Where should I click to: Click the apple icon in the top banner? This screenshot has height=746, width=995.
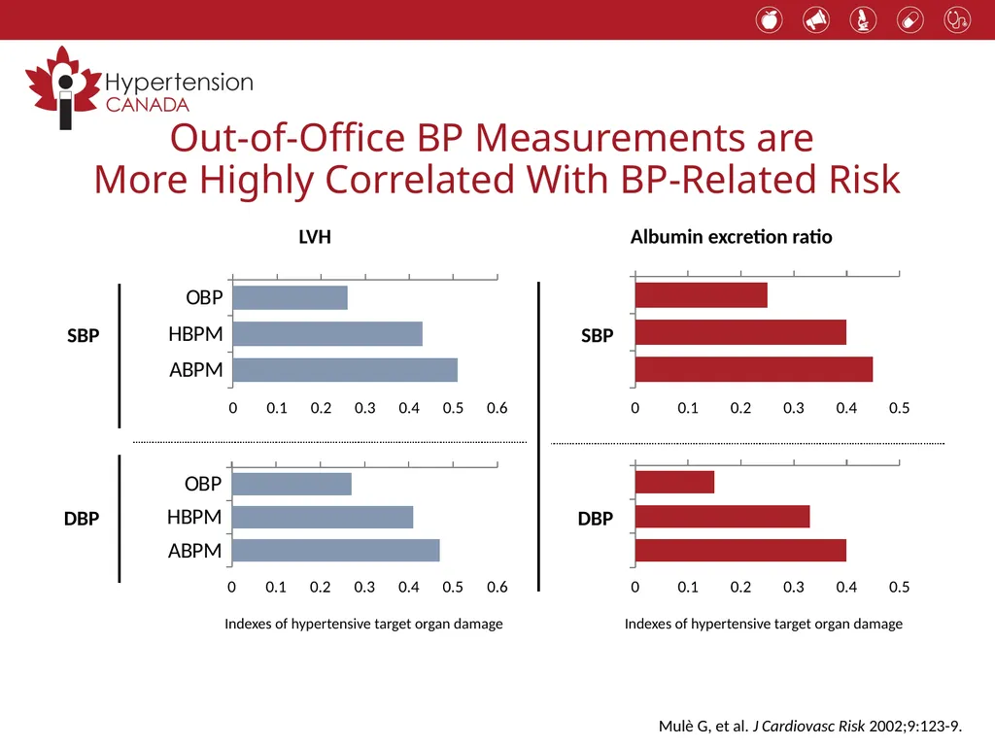(x=770, y=20)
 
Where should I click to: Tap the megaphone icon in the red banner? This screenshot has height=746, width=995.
(x=816, y=20)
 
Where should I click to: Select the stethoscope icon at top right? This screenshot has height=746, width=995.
(x=957, y=20)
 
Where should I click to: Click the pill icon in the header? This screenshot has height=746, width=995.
(x=909, y=20)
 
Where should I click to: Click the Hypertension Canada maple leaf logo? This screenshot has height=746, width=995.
(x=63, y=87)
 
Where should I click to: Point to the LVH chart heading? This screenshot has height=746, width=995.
(x=315, y=237)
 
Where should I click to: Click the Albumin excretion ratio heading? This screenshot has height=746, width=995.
(x=731, y=237)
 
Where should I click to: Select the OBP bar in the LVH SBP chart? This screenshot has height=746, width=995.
(x=290, y=297)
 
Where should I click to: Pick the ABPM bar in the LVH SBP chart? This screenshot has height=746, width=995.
(x=345, y=370)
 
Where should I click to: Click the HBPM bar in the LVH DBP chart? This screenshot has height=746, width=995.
(x=323, y=517)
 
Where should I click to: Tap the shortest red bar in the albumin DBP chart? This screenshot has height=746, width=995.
(x=674, y=482)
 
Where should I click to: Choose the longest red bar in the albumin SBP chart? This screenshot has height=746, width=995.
(x=754, y=369)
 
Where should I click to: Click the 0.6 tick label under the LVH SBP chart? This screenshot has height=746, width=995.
(x=497, y=408)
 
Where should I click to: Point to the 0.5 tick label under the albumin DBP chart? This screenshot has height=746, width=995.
(x=899, y=587)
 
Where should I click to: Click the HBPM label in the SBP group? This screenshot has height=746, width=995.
(x=195, y=334)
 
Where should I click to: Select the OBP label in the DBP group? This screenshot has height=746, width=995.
(x=203, y=484)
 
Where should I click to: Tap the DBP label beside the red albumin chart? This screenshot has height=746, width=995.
(x=596, y=519)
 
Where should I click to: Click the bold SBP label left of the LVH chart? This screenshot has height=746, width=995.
(x=84, y=335)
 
